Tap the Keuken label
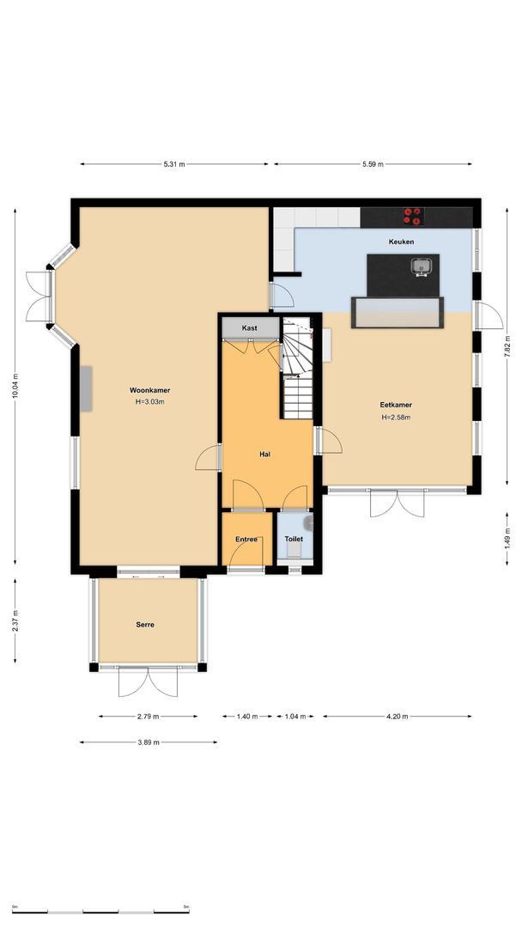401,242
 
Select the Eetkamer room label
396,405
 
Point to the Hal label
265,454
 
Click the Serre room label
145,625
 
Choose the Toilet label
294,539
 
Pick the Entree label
246,539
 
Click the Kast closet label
249,328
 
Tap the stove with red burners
413,215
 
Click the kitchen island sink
420,266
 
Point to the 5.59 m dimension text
373,164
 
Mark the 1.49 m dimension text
507,537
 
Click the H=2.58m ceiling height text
396,418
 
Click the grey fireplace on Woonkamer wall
87,388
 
